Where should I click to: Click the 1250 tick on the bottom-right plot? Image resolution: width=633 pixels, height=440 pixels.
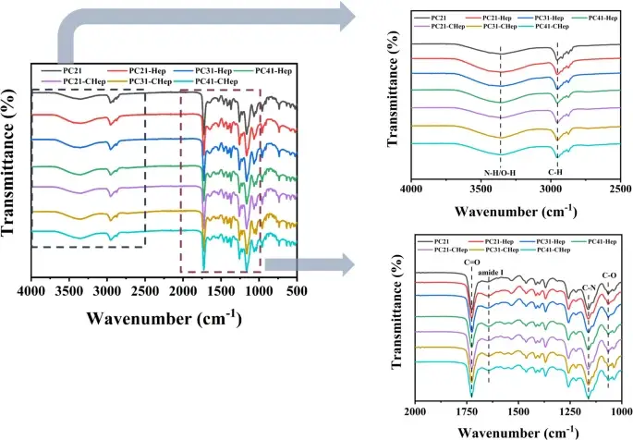pyautogui.click(x=570, y=409)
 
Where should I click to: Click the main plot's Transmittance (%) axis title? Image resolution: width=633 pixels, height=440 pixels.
pyautogui.click(x=14, y=176)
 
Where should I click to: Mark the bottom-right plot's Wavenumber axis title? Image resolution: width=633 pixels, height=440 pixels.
pyautogui.click(x=517, y=431)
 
